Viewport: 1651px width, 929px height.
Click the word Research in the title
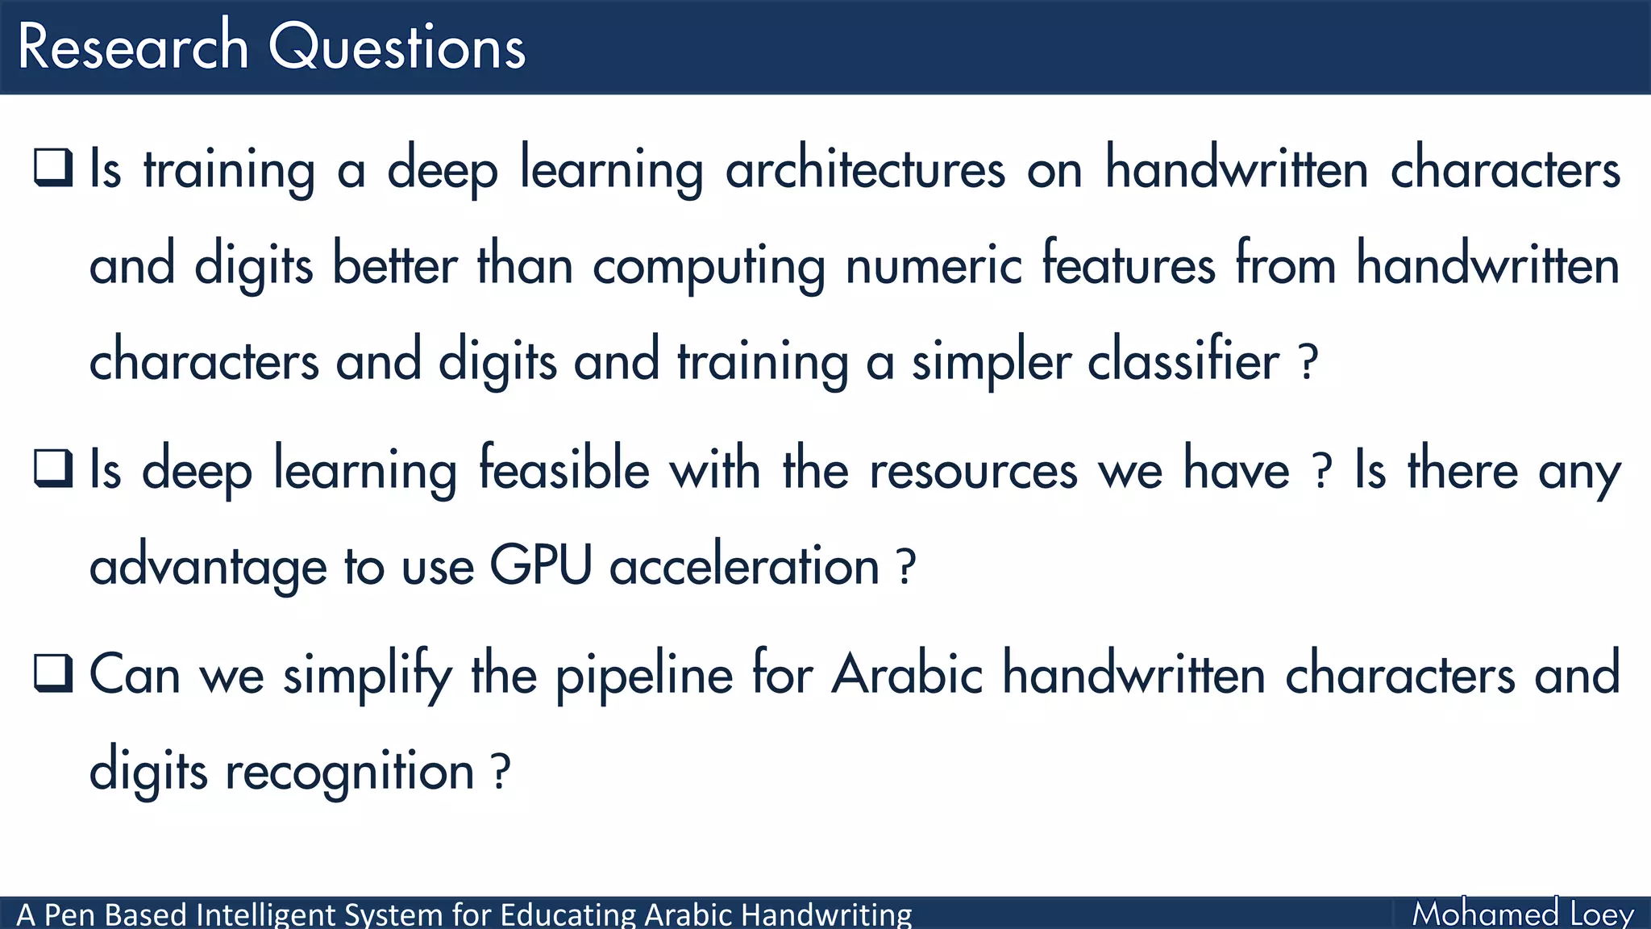pyautogui.click(x=133, y=47)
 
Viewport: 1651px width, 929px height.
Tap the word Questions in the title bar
pyautogui.click(x=397, y=47)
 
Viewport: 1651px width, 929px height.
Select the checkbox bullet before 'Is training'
pyautogui.click(x=53, y=167)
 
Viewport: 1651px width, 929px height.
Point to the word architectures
pyautogui.click(x=865, y=169)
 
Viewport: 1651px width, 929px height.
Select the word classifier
pyautogui.click(x=1183, y=360)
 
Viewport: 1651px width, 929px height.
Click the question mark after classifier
pyautogui.click(x=1309, y=363)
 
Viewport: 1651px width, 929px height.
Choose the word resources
pyautogui.click(x=973, y=470)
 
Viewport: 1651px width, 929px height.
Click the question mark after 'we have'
pyautogui.click(x=1321, y=472)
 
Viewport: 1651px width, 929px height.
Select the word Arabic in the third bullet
pyautogui.click(x=907, y=673)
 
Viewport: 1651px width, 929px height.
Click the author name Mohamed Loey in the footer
pyautogui.click(x=1523, y=914)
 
